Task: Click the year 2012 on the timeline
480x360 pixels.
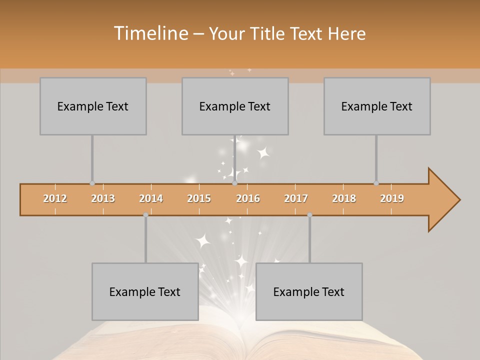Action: point(55,198)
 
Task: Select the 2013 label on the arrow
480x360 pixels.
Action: point(103,198)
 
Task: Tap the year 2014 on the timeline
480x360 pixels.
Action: point(151,198)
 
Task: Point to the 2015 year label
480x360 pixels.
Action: point(199,198)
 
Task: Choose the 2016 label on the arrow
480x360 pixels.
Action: point(248,198)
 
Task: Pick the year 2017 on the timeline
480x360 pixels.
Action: point(296,198)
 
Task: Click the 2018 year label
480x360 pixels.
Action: point(344,198)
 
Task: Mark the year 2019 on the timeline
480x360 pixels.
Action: point(392,198)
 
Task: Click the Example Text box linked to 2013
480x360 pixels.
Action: point(93,106)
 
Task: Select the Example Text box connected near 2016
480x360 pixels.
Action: point(235,106)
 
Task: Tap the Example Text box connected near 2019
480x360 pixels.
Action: point(377,106)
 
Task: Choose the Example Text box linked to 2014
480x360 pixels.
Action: point(145,291)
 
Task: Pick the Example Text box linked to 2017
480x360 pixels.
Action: point(309,291)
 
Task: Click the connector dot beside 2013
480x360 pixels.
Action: point(92,183)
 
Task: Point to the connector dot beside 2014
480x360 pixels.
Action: point(145,215)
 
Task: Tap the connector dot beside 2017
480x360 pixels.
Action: point(309,215)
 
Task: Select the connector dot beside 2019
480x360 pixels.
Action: point(376,183)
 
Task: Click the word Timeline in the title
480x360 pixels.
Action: point(150,33)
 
